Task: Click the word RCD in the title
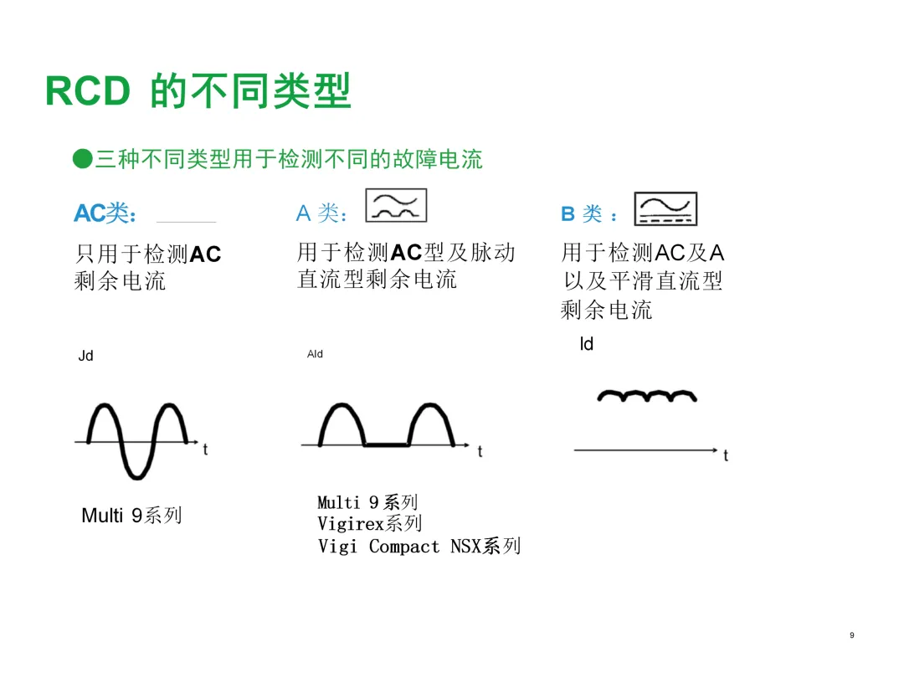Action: pyautogui.click(x=87, y=91)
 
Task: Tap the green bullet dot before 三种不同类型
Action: pyautogui.click(x=82, y=158)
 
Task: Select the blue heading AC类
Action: pyautogui.click(x=105, y=213)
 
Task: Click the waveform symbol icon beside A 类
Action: pyautogui.click(x=396, y=206)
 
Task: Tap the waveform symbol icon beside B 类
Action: pyautogui.click(x=665, y=209)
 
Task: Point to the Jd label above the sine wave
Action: pyautogui.click(x=85, y=356)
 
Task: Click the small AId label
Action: pyautogui.click(x=315, y=354)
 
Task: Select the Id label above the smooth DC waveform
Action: pyautogui.click(x=587, y=344)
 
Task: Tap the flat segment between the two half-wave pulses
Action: pyautogui.click(x=386, y=445)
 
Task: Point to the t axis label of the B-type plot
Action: pyautogui.click(x=726, y=456)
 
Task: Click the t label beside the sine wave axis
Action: pyautogui.click(x=205, y=449)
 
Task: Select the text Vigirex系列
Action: pyautogui.click(x=369, y=524)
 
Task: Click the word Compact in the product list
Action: pyautogui.click(x=403, y=547)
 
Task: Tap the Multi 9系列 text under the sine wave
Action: pyautogui.click(x=131, y=516)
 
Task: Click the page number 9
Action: pyautogui.click(x=851, y=636)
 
